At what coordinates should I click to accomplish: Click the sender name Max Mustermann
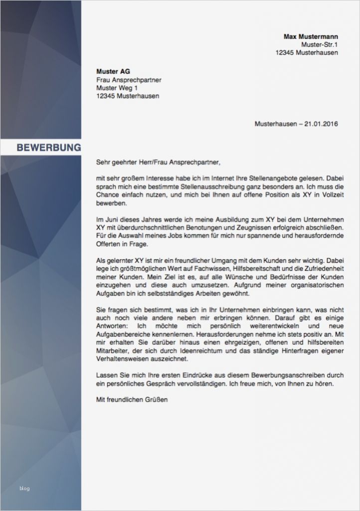311,36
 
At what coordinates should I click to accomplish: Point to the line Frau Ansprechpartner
129,80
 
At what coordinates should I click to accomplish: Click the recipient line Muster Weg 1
118,88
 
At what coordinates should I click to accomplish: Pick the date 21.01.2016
321,124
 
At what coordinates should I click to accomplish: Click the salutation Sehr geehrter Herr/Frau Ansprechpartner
158,162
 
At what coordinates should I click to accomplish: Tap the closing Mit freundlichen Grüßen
132,399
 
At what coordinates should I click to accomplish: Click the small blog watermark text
24,488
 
